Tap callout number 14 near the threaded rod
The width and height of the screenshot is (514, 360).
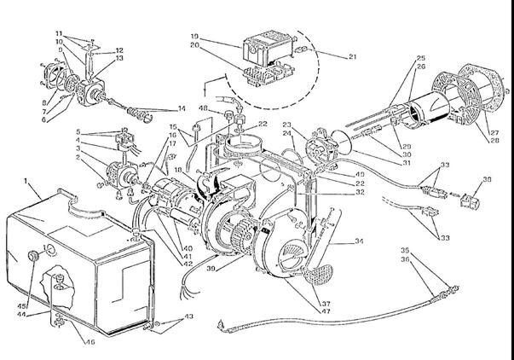[x=181, y=109]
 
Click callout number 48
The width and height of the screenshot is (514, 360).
[x=203, y=109]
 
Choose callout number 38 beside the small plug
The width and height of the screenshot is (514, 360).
[x=488, y=179]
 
